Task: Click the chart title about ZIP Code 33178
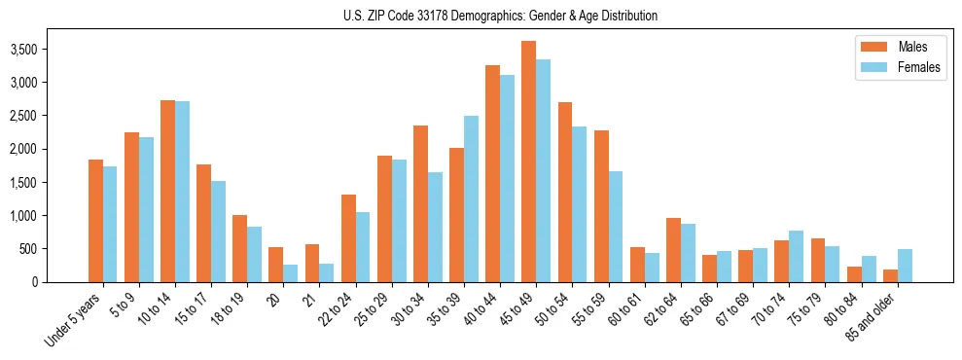click(500, 16)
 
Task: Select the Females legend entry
click(918, 67)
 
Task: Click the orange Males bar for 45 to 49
click(528, 162)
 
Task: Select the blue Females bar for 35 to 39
click(471, 199)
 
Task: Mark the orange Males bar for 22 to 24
click(348, 238)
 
